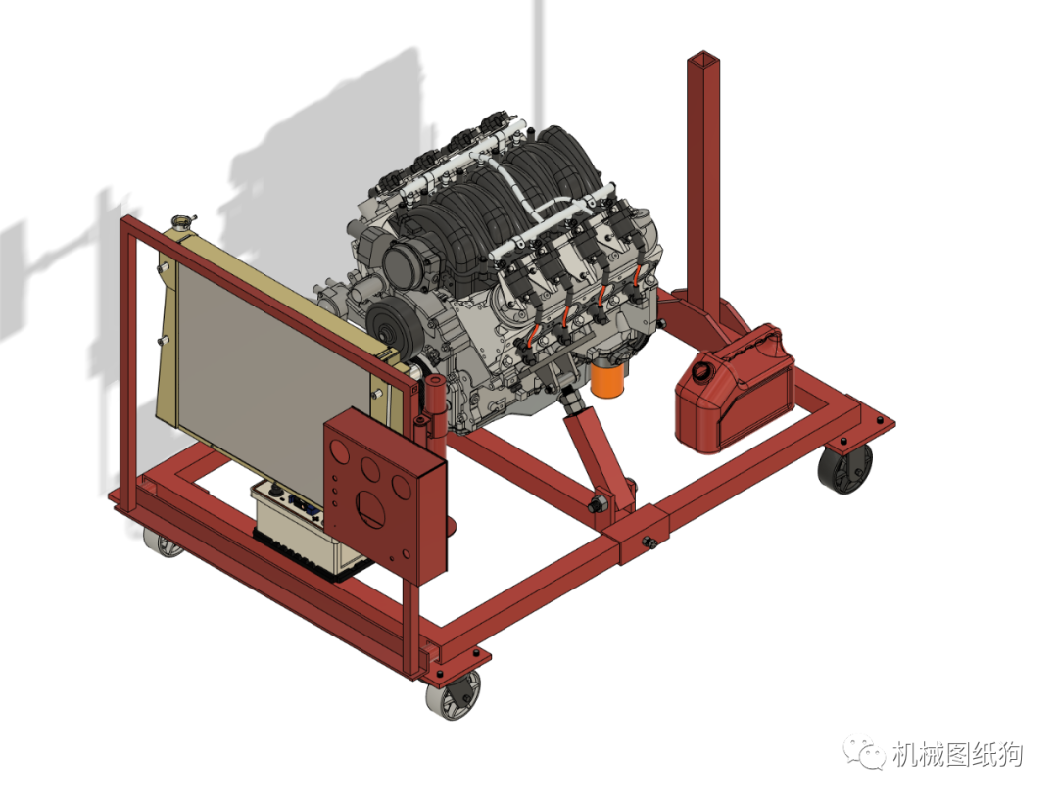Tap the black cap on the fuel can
pos(702,371)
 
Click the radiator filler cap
pos(182,222)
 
